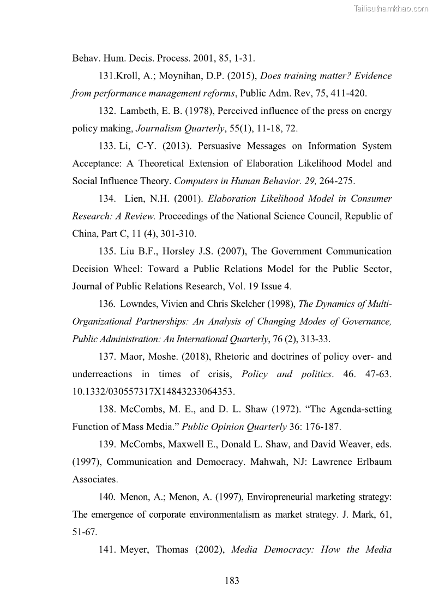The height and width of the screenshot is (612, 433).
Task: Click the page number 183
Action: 232,581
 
